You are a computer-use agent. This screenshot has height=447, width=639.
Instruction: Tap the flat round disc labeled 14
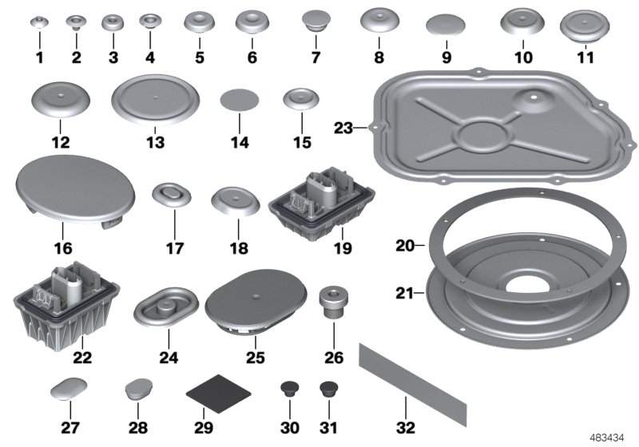240,101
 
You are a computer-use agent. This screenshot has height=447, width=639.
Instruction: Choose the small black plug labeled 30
290,390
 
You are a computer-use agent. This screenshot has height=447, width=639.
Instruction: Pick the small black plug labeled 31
327,390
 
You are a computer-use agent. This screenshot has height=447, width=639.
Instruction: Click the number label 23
343,127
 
